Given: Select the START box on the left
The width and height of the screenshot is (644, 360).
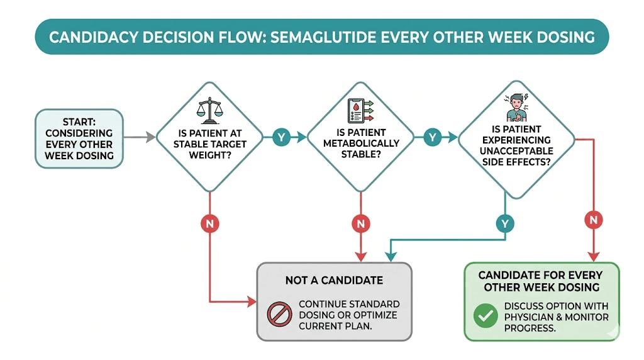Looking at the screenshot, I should [x=79, y=138].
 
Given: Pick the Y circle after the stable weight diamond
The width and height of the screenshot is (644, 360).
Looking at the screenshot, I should [x=281, y=137].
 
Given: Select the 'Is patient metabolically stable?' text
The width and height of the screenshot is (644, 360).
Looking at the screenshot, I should [x=360, y=143].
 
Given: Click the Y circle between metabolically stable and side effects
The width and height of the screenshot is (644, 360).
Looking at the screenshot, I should [x=433, y=137].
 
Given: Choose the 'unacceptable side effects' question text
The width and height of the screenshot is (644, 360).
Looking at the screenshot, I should [x=516, y=145].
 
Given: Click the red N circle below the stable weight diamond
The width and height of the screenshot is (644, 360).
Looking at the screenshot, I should [x=209, y=223].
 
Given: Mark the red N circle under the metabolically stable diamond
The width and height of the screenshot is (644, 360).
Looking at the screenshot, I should [x=360, y=223].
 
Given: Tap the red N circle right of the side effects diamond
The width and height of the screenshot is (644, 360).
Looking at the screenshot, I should [x=594, y=220].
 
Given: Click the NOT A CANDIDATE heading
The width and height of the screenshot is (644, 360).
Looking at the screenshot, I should [x=334, y=280].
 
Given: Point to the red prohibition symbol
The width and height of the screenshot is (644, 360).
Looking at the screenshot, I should [x=279, y=314].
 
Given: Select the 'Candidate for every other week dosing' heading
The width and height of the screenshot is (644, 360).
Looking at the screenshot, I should [x=541, y=281].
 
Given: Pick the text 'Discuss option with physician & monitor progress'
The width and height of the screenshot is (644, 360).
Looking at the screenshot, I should [x=556, y=317].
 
